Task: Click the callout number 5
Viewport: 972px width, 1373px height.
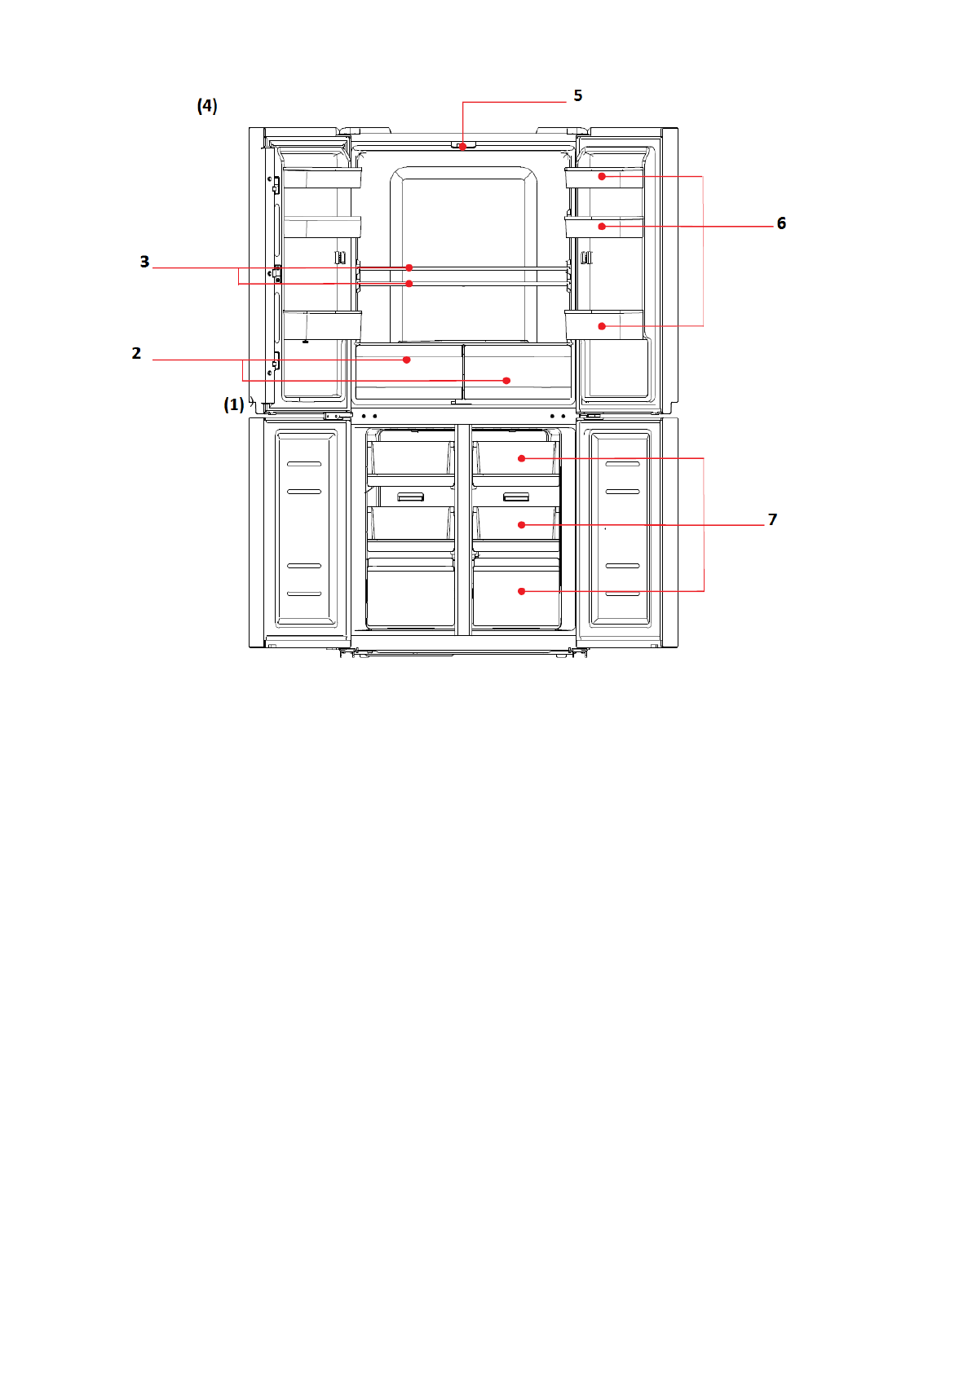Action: (x=577, y=95)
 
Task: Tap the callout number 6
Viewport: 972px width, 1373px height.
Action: (x=781, y=223)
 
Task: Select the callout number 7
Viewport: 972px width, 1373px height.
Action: (x=772, y=520)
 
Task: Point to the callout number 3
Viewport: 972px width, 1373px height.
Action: (x=144, y=262)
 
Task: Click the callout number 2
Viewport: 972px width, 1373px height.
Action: (x=136, y=353)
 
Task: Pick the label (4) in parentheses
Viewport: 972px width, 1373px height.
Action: (x=207, y=106)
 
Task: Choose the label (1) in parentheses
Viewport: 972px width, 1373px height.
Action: (x=233, y=404)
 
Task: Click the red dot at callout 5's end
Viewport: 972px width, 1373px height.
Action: (x=462, y=147)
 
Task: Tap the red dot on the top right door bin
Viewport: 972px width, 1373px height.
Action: (x=602, y=177)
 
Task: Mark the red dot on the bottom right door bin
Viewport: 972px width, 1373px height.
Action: (x=602, y=326)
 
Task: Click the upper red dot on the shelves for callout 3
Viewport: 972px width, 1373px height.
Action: (x=409, y=268)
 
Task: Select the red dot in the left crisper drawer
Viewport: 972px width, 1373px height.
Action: (x=406, y=360)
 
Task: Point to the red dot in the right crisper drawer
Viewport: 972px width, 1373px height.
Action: (x=506, y=381)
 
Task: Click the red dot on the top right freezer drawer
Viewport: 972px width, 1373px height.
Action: (x=522, y=458)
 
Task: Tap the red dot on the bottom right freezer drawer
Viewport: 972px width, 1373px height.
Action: (x=522, y=591)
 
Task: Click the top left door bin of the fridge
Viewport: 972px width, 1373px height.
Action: (x=322, y=178)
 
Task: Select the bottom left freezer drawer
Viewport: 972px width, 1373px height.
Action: (x=411, y=593)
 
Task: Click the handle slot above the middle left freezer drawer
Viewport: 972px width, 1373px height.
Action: (x=411, y=497)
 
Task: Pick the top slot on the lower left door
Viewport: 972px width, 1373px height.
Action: (x=304, y=464)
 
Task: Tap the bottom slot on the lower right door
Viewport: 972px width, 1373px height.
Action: (x=623, y=594)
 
